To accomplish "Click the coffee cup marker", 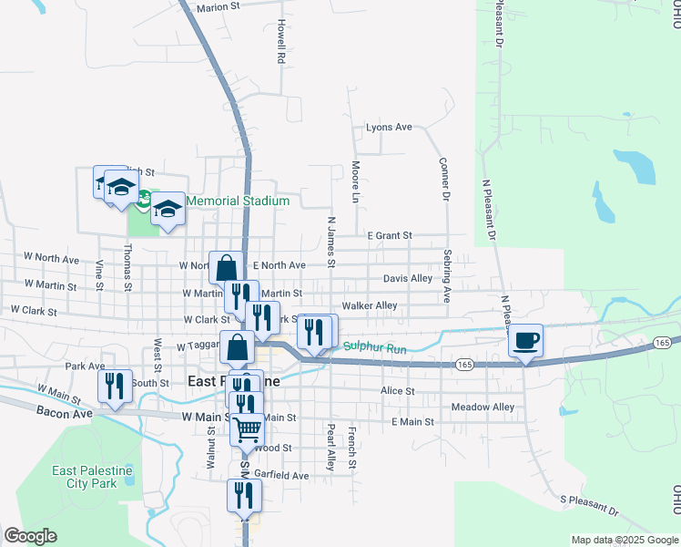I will [526, 341].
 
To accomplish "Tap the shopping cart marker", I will [248, 428].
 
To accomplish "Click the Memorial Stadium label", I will [238, 201].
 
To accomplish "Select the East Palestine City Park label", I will [92, 477].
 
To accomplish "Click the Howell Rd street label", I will [282, 41].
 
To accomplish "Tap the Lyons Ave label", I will [389, 127].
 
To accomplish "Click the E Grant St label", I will [390, 235].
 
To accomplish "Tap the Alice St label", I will [397, 391].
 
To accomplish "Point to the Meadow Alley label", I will [483, 407].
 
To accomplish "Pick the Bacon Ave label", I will [66, 413].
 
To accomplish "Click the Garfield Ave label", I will [281, 475].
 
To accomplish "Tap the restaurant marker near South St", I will [116, 386].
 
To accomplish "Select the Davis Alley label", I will [408, 278].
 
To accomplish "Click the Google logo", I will [30, 536].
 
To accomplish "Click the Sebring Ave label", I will [447, 276].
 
